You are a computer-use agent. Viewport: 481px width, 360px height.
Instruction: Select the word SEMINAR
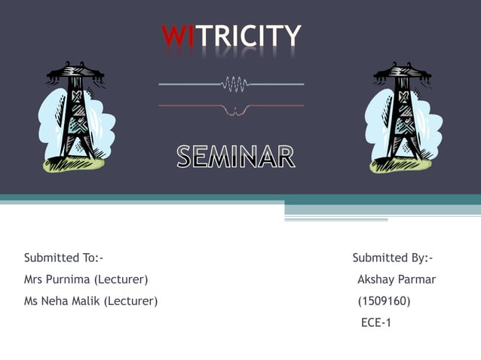point(236,157)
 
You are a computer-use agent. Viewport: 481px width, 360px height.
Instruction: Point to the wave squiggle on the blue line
point(236,83)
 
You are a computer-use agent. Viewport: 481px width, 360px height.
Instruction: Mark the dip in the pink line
point(236,111)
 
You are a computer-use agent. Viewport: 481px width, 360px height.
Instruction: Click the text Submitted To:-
point(63,258)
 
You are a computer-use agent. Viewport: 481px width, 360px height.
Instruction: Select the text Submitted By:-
point(392,258)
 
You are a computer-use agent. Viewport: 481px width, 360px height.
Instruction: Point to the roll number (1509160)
point(384,302)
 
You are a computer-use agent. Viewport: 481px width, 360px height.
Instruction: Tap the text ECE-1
point(376,323)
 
